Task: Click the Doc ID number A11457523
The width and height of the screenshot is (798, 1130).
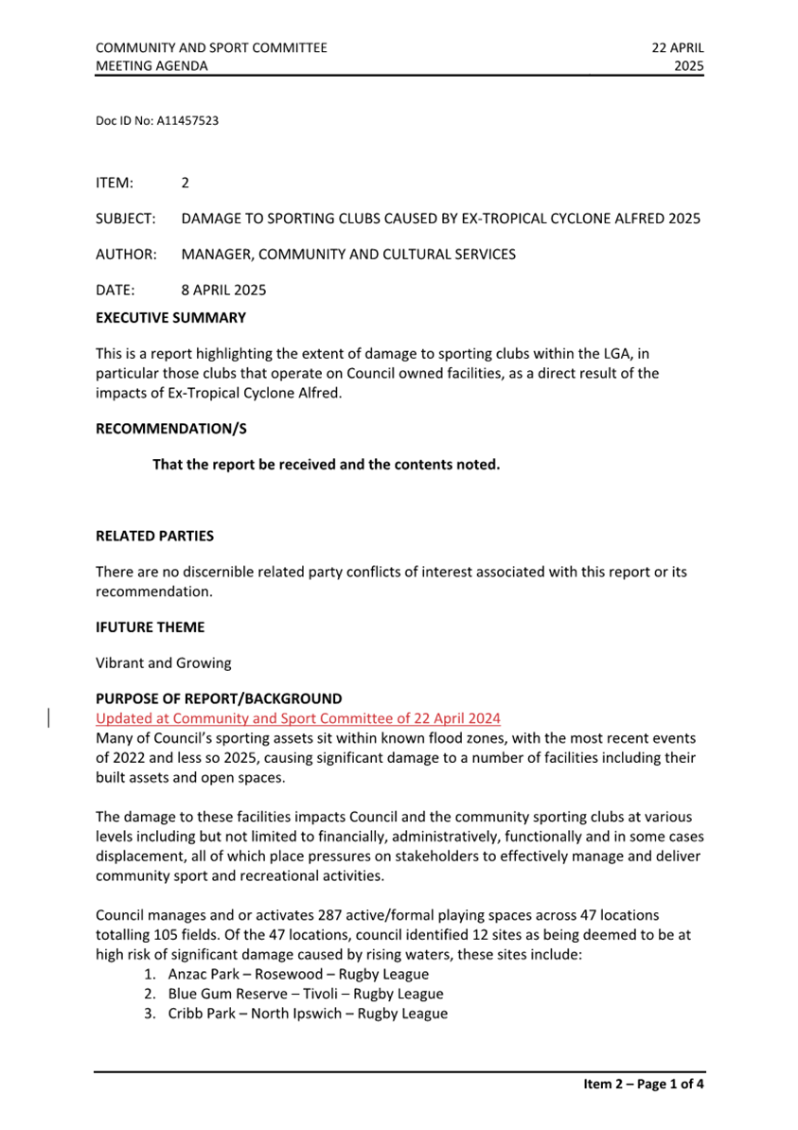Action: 187,121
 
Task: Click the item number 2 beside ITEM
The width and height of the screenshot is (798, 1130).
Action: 186,182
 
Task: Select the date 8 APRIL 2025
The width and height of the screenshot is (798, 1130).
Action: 225,290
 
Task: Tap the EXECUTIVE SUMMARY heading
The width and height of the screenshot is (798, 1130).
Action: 170,318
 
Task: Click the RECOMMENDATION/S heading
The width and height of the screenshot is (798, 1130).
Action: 170,428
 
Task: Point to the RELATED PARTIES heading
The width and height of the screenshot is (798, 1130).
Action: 154,536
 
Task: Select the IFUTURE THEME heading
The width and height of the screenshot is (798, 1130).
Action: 150,627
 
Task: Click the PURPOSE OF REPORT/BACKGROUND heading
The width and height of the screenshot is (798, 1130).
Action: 219,700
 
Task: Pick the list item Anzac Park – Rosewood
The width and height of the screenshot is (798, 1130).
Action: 298,974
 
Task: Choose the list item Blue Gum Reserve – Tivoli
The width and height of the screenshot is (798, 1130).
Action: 305,994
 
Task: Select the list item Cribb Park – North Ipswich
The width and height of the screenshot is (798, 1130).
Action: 308,1014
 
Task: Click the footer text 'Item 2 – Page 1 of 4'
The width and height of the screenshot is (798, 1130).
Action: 644,1085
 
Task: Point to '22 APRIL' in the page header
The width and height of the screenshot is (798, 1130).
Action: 678,47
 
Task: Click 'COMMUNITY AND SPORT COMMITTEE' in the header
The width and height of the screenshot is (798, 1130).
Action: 211,47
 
